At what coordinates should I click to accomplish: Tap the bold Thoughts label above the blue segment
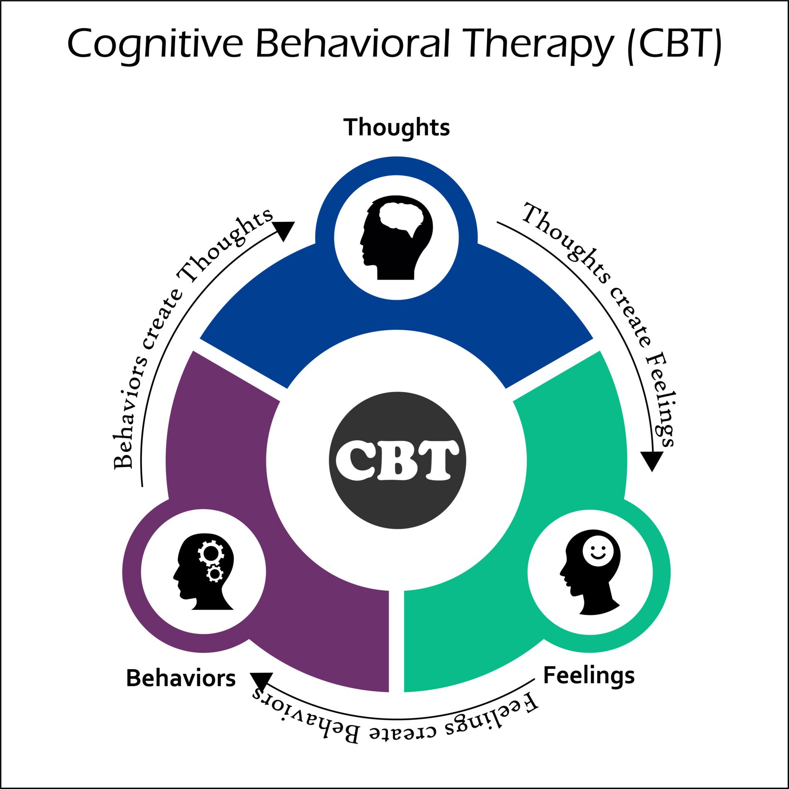pyautogui.click(x=397, y=127)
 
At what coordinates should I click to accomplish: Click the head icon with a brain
pyautogui.click(x=396, y=237)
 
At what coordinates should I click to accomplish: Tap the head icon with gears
pyautogui.click(x=203, y=572)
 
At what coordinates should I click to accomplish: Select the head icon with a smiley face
pyautogui.click(x=590, y=572)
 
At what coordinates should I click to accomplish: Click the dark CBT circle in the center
pyautogui.click(x=397, y=460)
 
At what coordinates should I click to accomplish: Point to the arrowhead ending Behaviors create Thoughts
pyautogui.click(x=284, y=230)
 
